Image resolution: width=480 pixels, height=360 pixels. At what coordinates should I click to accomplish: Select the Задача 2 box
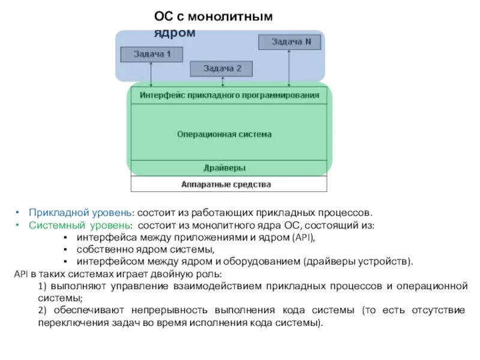pos(222,69)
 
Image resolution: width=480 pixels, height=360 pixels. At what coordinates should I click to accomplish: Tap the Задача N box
pos(290,42)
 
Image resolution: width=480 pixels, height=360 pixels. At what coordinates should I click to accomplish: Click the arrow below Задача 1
pos(151,74)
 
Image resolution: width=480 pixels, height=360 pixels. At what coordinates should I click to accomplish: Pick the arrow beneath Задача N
pos(290,69)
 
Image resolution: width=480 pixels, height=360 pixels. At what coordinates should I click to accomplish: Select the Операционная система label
pos(224,134)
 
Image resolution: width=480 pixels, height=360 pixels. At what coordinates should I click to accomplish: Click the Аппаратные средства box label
pos(226,184)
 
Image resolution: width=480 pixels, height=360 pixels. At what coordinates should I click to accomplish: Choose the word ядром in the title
pos(175,32)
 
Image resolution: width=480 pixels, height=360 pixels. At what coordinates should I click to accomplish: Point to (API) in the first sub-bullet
pos(303,238)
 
